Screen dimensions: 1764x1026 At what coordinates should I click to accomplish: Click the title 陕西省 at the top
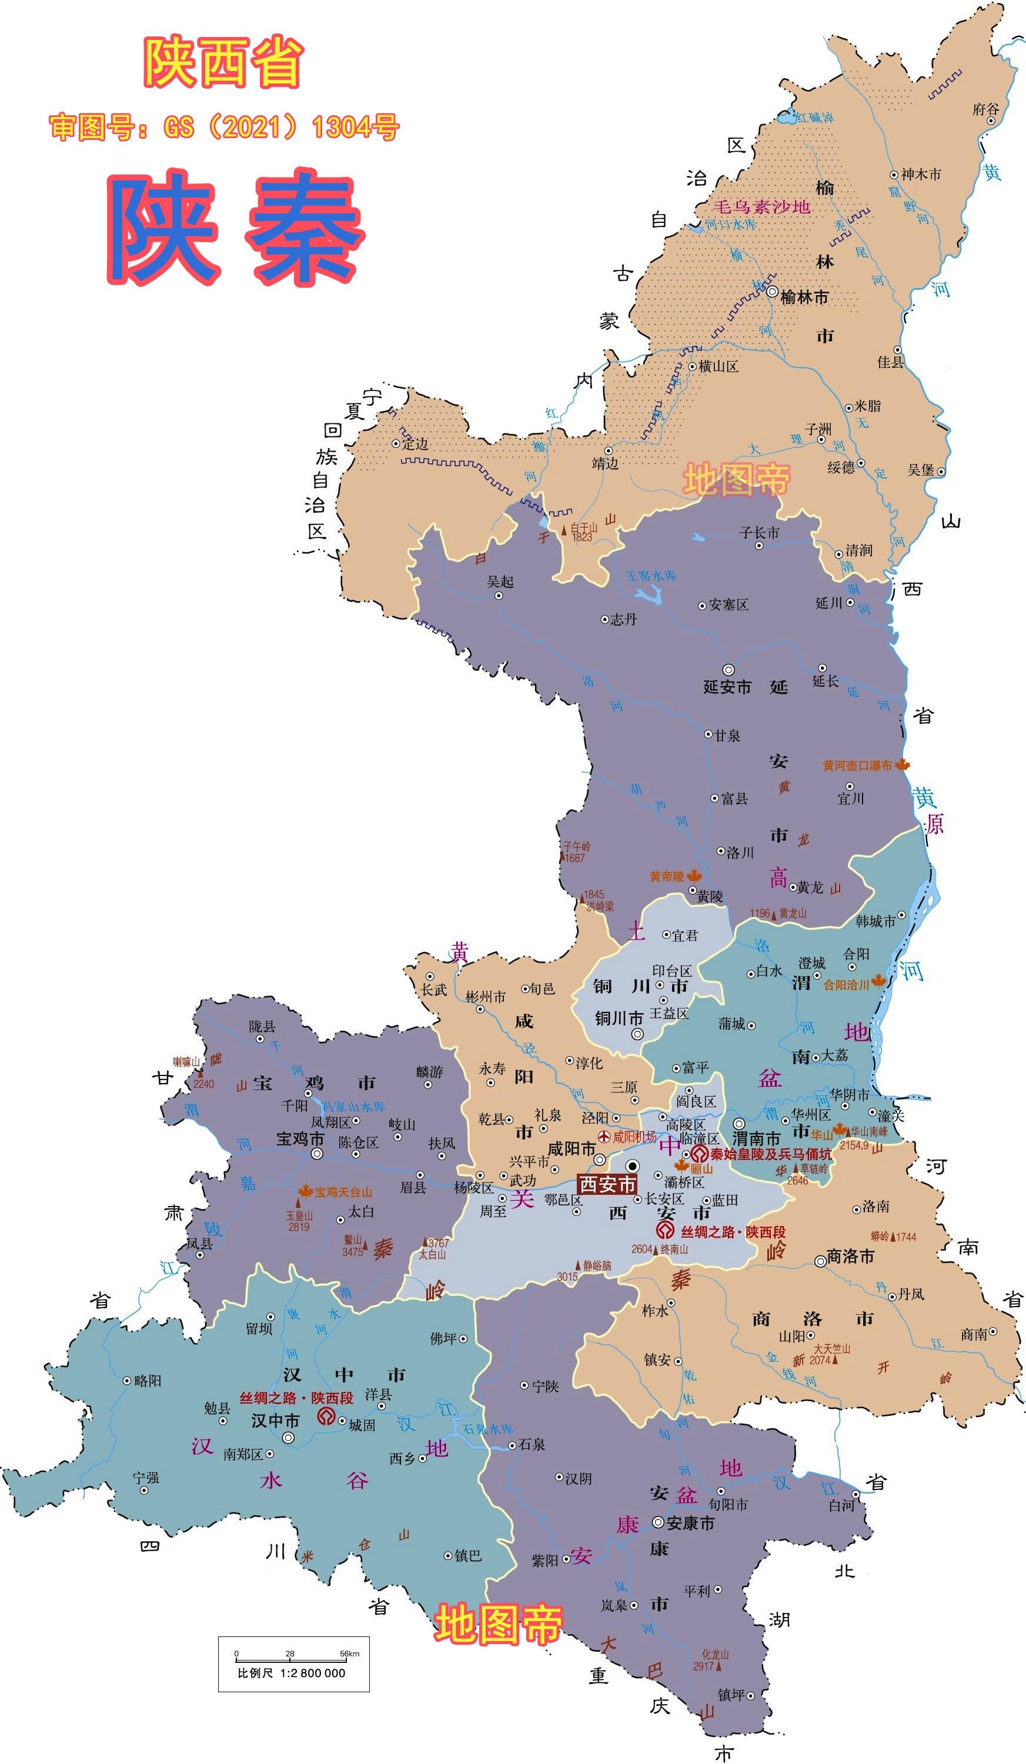coord(223,63)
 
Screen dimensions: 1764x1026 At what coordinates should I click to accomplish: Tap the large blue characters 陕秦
coord(236,226)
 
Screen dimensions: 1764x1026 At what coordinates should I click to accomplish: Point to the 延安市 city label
coord(727,687)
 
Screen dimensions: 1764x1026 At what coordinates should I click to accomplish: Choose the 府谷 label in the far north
coord(985,109)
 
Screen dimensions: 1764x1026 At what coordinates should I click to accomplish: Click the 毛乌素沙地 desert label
coord(761,206)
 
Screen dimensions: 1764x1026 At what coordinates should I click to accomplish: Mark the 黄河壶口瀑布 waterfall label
coord(857,766)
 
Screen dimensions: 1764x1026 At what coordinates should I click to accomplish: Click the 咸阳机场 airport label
coord(634,1138)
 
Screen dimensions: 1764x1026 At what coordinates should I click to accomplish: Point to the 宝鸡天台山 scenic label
coord(343,1192)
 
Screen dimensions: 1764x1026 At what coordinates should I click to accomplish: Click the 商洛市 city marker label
coord(850,1257)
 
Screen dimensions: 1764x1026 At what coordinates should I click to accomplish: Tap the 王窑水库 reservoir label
coord(651,576)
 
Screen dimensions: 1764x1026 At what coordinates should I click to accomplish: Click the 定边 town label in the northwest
coord(415,444)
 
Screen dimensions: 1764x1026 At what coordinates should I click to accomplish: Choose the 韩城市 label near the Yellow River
coord(875,921)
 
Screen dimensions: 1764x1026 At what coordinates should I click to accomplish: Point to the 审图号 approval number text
coord(224,128)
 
